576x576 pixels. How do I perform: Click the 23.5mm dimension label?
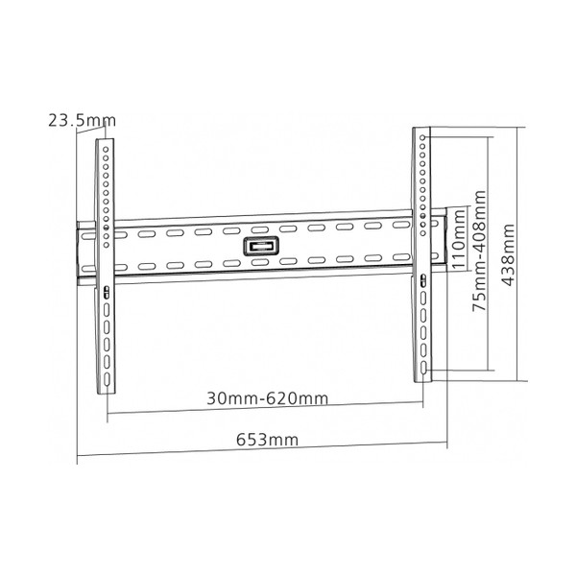click(82, 121)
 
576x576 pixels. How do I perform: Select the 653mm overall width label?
click(267, 440)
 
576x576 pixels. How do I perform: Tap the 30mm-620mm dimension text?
click(267, 398)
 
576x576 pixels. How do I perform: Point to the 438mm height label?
click(509, 254)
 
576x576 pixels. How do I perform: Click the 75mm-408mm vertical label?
click(479, 251)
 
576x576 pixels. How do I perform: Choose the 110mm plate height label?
click(458, 239)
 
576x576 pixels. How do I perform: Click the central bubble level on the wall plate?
click(261, 246)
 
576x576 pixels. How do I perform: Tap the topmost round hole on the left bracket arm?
click(106, 149)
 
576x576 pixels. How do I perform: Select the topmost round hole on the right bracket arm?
click(422, 137)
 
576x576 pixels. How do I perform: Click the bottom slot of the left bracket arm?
click(107, 380)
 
